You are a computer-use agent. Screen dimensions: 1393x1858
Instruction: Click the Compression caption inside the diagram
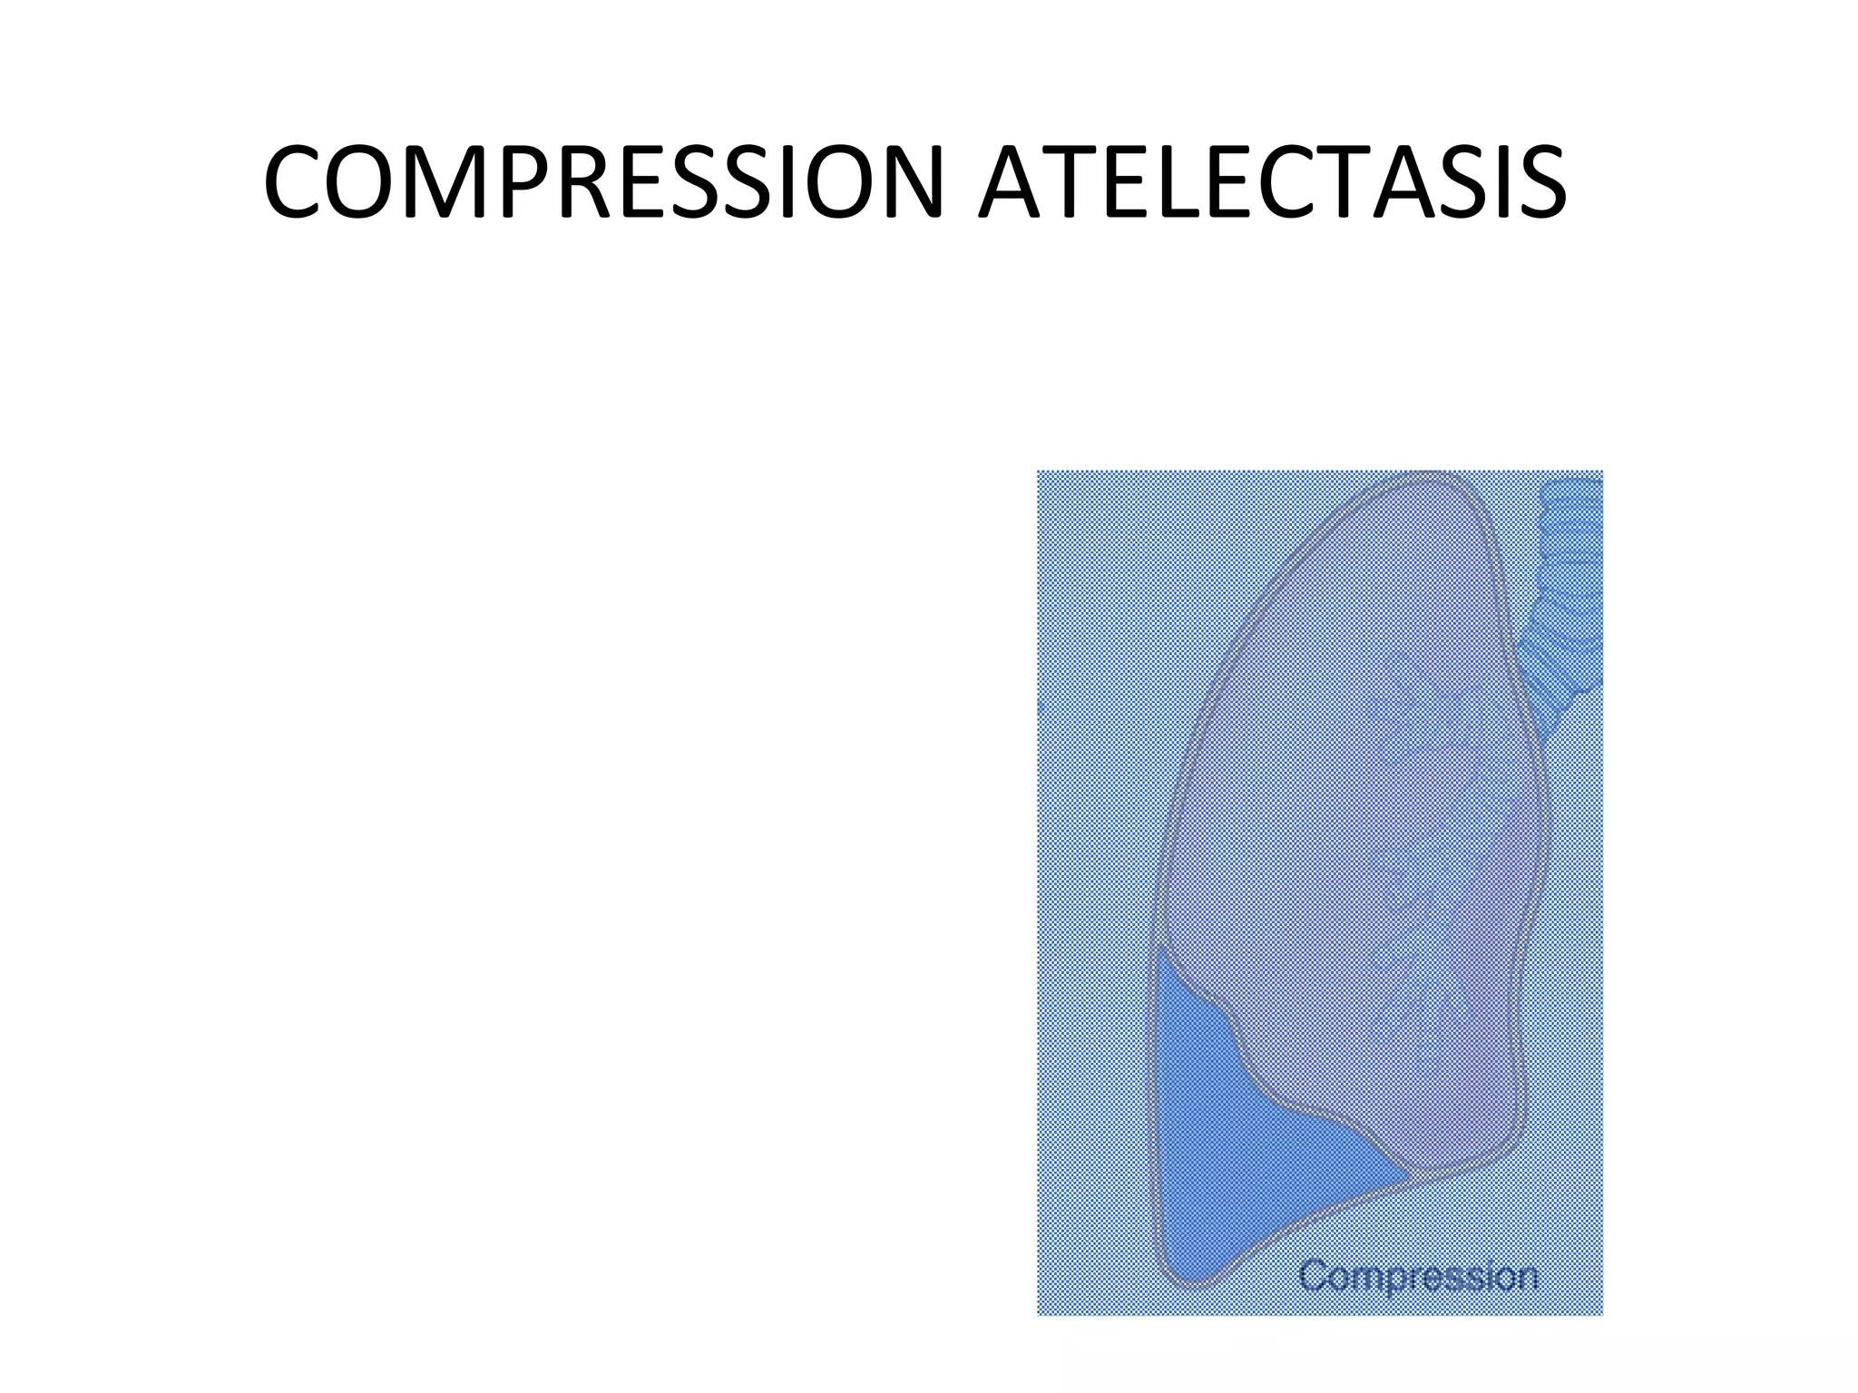[1418, 1276]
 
